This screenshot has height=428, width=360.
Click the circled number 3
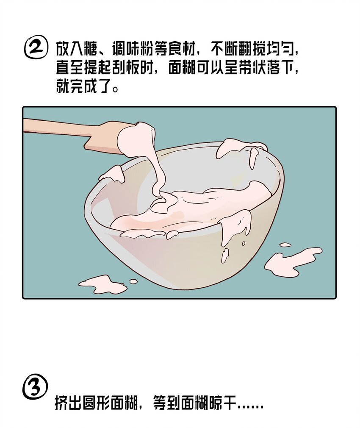click(34, 389)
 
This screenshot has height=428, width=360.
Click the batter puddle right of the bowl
click(292, 260)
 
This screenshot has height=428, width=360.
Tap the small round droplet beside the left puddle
click(133, 281)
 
